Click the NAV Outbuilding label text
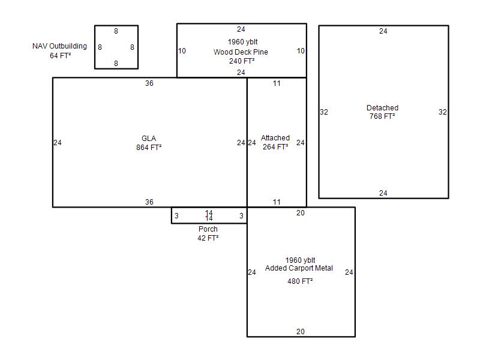click(59, 46)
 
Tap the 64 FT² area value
click(61, 55)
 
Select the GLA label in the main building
click(149, 139)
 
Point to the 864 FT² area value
click(149, 147)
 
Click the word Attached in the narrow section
click(275, 138)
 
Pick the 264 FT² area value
click(275, 146)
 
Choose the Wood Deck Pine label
click(241, 52)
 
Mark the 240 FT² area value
click(242, 61)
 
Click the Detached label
click(382, 108)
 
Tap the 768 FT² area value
click(382, 116)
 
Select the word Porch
click(208, 229)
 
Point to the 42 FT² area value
click(208, 238)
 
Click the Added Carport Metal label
click(299, 268)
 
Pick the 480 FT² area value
click(300, 281)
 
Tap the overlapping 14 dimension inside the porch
click(209, 215)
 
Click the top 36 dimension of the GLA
click(149, 83)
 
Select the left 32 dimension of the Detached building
click(323, 112)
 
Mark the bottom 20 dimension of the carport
click(301, 332)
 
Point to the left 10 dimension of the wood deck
click(182, 51)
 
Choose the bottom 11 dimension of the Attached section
click(277, 202)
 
